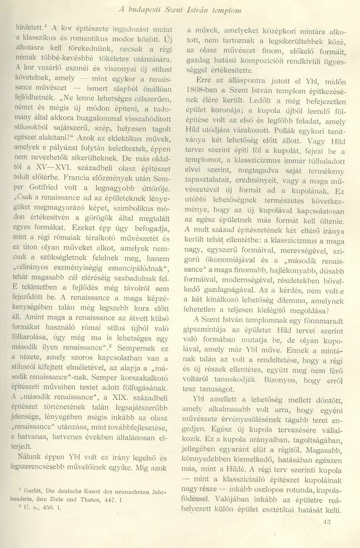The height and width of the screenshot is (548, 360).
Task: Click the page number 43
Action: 328,522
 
